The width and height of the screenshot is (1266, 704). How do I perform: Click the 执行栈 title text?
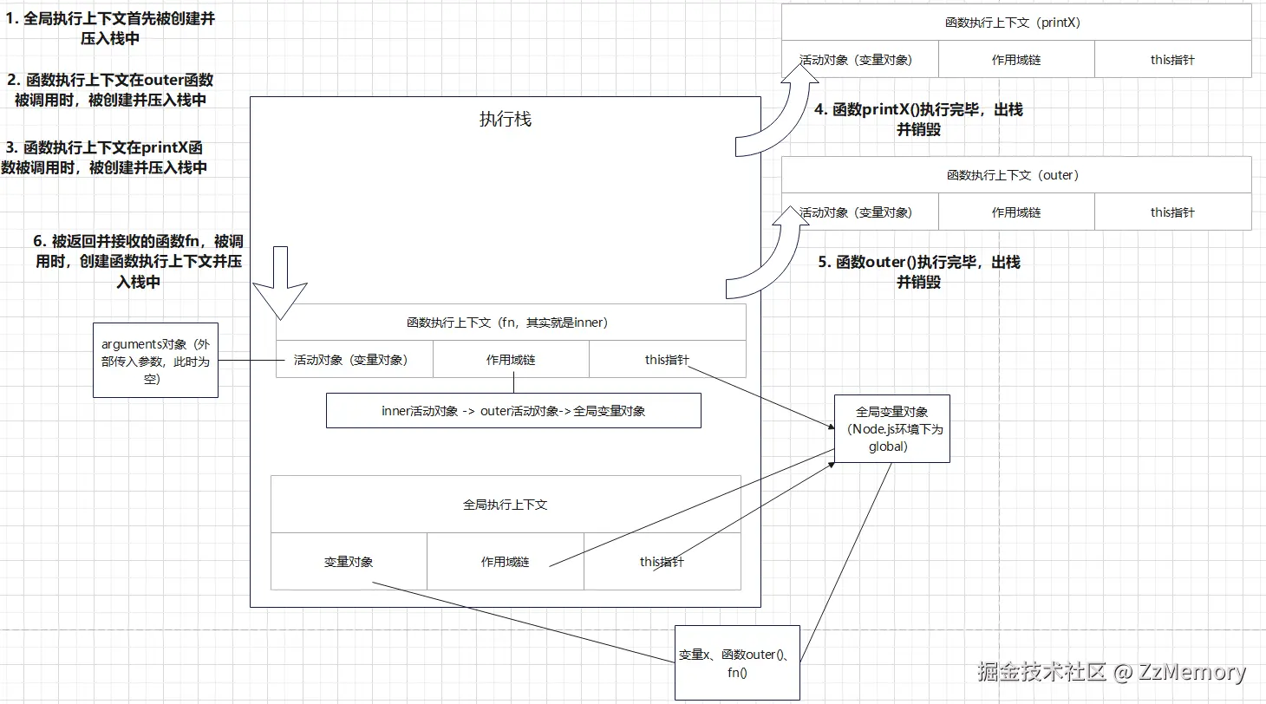coord(506,120)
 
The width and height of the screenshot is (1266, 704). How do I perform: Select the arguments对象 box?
coord(155,360)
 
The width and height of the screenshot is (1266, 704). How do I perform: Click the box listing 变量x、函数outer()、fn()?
coord(737,662)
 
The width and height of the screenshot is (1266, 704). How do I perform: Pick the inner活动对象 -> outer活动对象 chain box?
coord(513,411)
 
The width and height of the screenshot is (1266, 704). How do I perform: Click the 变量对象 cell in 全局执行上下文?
coord(349,562)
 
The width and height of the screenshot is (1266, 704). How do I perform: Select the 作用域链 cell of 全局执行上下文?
coord(505,562)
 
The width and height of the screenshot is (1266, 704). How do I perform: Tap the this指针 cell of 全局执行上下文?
coord(662,562)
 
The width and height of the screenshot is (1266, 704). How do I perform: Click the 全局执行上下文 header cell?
coord(505,505)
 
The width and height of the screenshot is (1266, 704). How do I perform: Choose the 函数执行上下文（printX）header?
coord(1016,23)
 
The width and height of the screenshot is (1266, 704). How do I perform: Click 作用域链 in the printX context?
coord(1016,60)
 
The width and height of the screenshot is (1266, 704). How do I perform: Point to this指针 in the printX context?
coord(1172,60)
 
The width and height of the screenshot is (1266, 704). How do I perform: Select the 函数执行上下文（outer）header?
coord(1016,175)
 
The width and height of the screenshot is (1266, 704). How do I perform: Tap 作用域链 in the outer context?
coord(1016,212)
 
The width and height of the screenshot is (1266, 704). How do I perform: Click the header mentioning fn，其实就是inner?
coord(510,323)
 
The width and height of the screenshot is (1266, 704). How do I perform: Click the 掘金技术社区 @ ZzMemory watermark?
coord(1111,672)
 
